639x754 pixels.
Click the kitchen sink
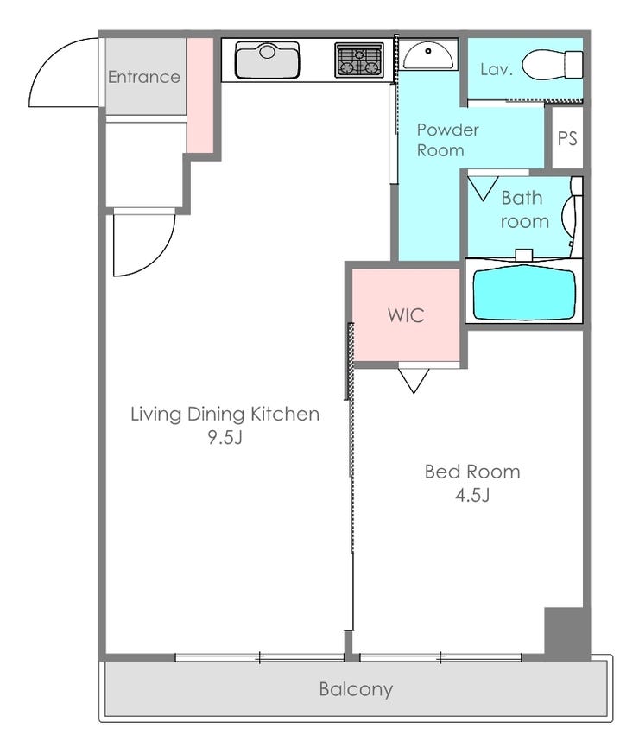(x=268, y=60)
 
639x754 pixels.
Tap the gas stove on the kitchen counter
(x=359, y=60)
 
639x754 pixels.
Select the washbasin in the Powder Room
(x=428, y=55)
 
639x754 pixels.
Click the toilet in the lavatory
(x=552, y=65)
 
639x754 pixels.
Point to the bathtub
(x=524, y=295)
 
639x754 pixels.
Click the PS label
(x=566, y=138)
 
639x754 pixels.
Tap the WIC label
(x=406, y=315)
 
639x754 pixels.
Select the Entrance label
(x=143, y=77)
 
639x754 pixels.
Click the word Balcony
(x=356, y=689)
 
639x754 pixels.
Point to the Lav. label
(x=497, y=69)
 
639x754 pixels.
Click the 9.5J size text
(x=225, y=437)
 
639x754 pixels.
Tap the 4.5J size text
(x=472, y=495)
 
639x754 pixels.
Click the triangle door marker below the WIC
(x=414, y=381)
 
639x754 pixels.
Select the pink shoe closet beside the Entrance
(x=200, y=95)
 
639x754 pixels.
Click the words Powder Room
(x=447, y=140)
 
